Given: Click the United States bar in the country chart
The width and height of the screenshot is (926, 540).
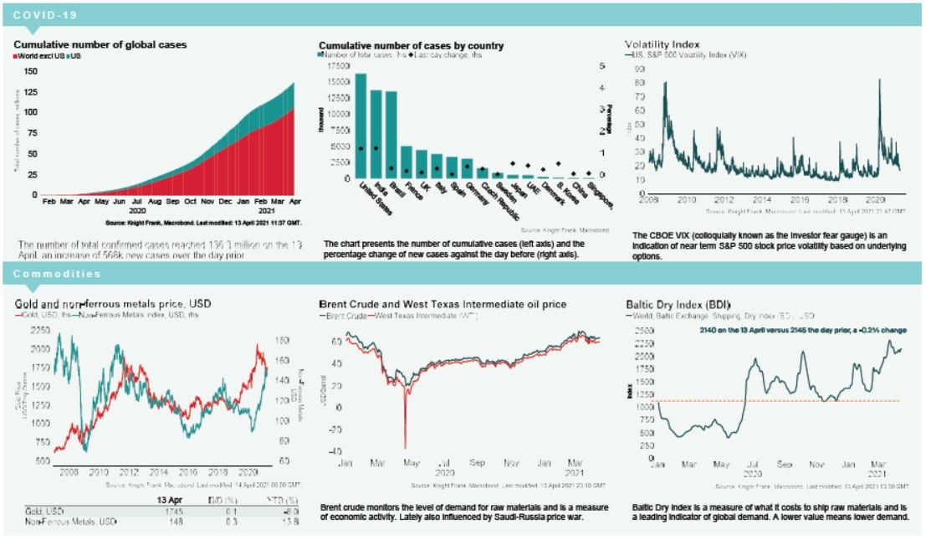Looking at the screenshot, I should (361, 126).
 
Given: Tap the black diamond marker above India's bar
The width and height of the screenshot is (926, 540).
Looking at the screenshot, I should (376, 148).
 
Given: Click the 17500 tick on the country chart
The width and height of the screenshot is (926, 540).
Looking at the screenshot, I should (337, 65).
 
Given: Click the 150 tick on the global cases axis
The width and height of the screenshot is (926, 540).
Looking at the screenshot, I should (31, 70).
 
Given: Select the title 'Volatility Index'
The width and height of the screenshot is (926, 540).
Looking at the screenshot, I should (663, 44).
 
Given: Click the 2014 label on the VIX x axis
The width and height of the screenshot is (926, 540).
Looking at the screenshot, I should (761, 201).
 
